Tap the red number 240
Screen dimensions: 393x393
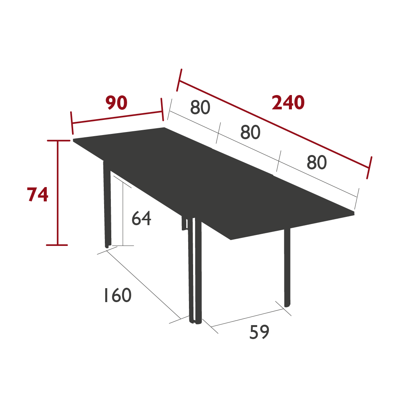tap(288, 103)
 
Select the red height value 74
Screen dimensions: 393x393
tap(38, 195)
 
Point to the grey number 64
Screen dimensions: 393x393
tap(141, 218)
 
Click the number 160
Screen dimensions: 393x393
tap(117, 295)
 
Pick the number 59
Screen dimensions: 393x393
tap(259, 332)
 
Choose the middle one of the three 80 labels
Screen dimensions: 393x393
tap(250, 132)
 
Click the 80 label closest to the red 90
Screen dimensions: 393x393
tap(200, 107)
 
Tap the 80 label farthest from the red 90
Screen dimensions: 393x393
tap(316, 163)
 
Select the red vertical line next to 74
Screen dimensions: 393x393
tap(57, 193)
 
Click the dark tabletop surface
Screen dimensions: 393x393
tap(211, 181)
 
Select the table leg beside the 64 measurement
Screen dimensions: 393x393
tap(107, 204)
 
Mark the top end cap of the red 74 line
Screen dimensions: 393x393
tap(57, 141)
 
